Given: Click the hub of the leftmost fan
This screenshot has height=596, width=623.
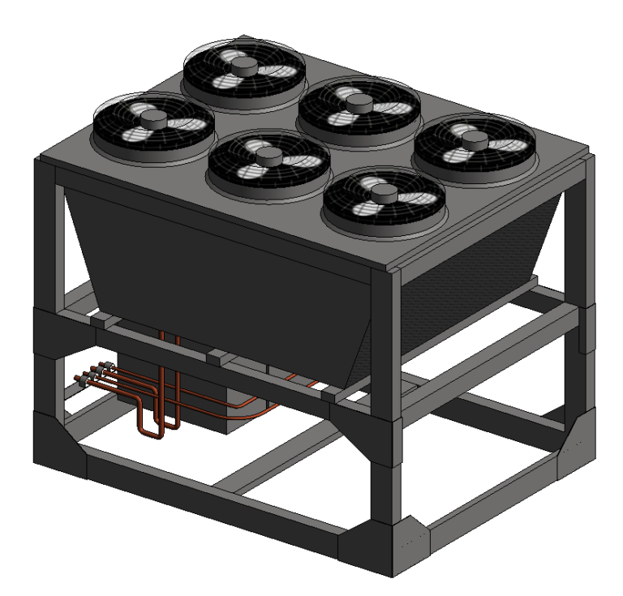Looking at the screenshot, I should (153, 118).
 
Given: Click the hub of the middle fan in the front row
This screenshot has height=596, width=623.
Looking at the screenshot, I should (268, 155).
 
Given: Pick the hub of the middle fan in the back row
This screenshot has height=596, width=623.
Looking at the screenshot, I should (358, 101).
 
